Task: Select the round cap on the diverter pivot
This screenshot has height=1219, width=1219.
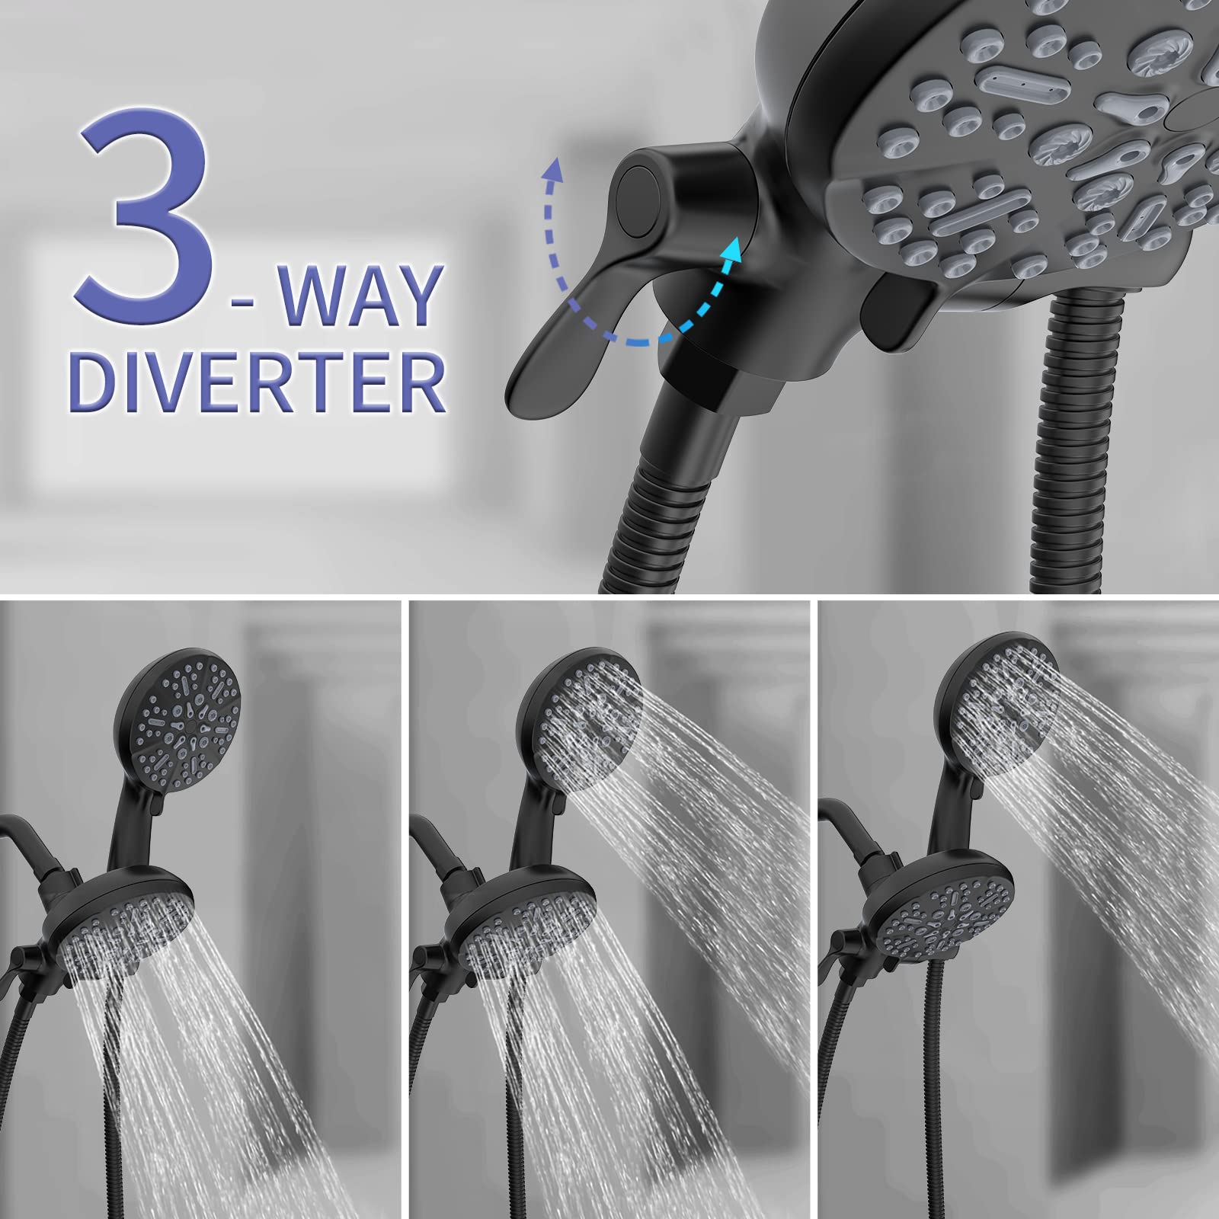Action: tap(637, 200)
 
